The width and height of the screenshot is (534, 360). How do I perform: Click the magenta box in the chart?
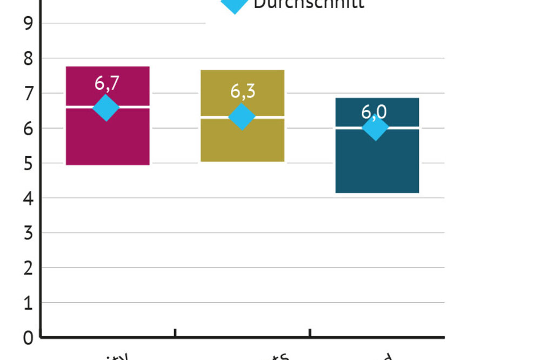108,141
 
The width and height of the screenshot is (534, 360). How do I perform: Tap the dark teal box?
377,162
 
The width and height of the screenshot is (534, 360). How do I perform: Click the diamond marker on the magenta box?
106,108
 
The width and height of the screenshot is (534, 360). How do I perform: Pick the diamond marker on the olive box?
242,117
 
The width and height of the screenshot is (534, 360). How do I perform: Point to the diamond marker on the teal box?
375,128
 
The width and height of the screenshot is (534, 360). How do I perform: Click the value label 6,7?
107,84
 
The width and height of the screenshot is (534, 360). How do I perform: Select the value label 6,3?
243,91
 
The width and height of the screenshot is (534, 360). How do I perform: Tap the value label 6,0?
374,112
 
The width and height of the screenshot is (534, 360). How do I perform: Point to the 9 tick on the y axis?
29,23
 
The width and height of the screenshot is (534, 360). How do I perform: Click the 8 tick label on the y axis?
29,58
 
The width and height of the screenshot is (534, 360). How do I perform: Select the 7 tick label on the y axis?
29,94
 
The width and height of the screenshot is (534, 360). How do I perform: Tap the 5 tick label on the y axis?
29,163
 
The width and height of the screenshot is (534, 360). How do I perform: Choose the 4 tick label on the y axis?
29,198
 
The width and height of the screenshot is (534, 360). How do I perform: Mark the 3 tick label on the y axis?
29,233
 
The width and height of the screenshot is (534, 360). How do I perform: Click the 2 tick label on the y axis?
29,268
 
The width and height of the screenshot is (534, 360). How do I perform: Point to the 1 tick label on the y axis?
29,303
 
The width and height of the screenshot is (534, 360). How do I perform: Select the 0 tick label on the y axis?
29,338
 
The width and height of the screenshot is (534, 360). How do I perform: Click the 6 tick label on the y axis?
29,129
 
